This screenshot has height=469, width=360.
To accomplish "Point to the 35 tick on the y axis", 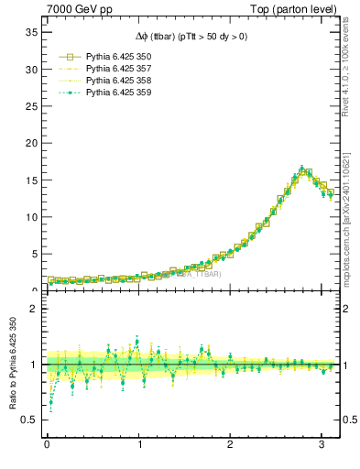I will (x=30, y=32).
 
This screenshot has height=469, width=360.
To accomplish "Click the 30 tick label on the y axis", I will (x=30, y=70).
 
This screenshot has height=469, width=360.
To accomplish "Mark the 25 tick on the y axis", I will (x=30, y=106).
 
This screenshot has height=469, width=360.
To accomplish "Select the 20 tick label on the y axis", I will (x=30, y=144).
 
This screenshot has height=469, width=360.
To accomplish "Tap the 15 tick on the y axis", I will (x=30, y=180).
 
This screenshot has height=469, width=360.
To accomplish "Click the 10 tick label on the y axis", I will (x=30, y=218).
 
